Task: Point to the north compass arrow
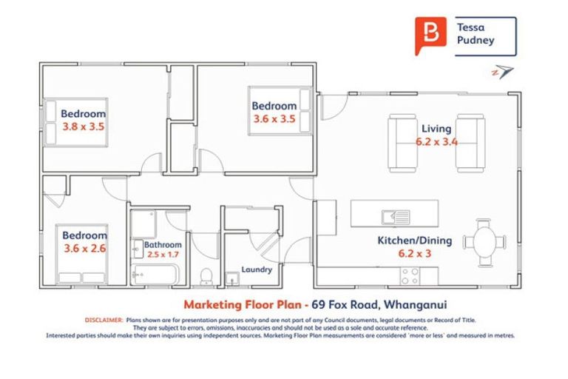tap(503, 72)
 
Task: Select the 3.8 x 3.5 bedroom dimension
tap(83, 127)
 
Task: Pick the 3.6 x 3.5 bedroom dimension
tap(274, 118)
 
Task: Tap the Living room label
tap(436, 128)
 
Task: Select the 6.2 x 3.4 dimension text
tap(436, 141)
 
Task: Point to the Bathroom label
tap(163, 244)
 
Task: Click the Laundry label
tap(257, 269)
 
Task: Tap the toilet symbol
tap(208, 276)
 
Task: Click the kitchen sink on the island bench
tap(391, 217)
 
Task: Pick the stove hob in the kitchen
tap(409, 275)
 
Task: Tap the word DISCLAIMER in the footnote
tap(104, 320)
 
